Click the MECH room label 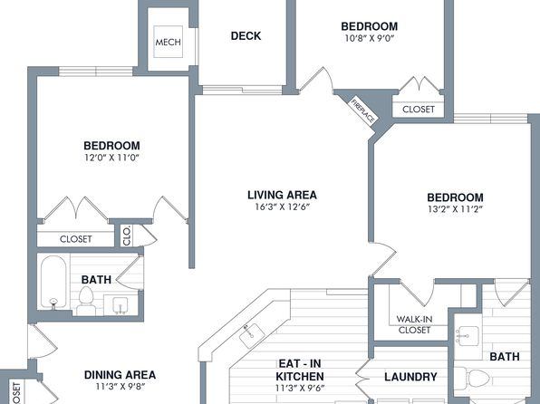point(168,42)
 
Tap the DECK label point(246,36)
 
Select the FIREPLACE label point(362,111)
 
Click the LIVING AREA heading point(282,195)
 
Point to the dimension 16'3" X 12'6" point(283,207)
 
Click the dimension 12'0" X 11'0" point(111,158)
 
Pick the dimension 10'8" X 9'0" point(369,38)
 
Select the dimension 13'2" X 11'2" point(455,209)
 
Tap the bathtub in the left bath point(53,283)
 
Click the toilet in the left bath point(86,301)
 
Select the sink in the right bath point(468,336)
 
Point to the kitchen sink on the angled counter point(252,334)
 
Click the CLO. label point(127,236)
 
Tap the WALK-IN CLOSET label point(414,324)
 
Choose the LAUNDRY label point(410,377)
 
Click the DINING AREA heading point(120,375)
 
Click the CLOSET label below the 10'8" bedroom point(419,110)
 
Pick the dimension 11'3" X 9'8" point(121,387)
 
